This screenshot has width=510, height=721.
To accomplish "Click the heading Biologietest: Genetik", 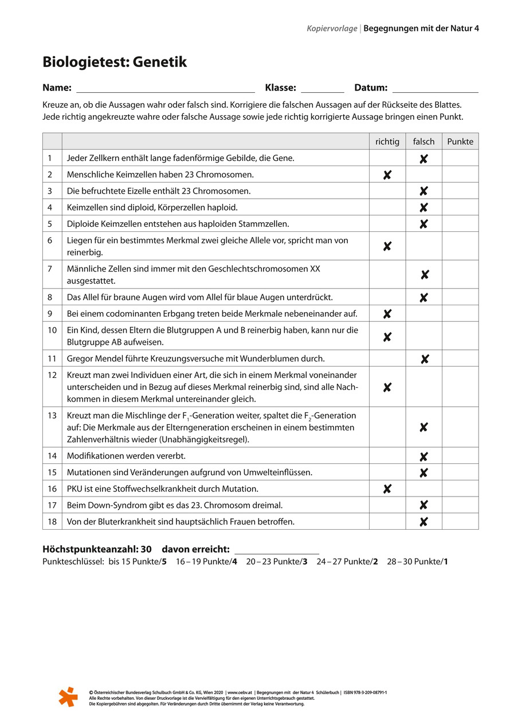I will pos(115,62).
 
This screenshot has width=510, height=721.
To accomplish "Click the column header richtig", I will pos(387,141).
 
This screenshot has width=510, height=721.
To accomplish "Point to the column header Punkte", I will pos(460,141).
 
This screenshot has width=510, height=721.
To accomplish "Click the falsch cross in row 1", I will pos(423,159).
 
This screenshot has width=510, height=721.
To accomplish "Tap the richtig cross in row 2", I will pos(387,175).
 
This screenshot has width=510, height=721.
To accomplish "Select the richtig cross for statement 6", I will pos(387,246).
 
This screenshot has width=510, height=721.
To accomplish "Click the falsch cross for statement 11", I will pos(425,359).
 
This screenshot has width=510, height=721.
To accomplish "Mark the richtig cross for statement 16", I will pos(387,488).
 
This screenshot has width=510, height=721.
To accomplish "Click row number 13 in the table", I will pos(53,415).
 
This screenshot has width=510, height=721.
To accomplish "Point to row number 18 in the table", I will pos(53,521).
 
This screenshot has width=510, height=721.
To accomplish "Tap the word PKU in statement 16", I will pos(74,488).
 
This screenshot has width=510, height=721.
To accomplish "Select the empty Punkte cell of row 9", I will pos(460,313).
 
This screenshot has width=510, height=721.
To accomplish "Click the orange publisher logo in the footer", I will pos(68,696).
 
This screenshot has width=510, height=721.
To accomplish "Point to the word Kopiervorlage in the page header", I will pos(332,27).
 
